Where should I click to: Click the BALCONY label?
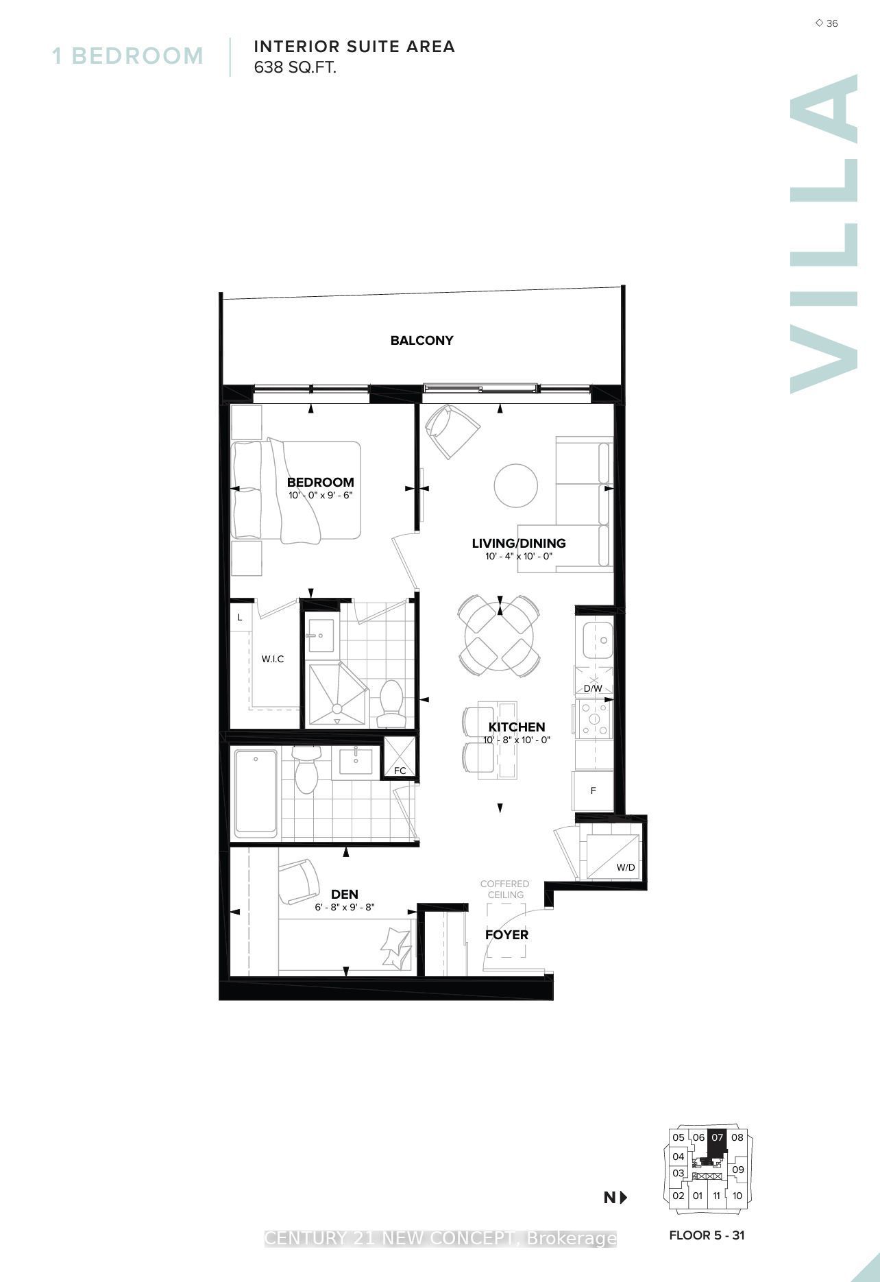click(421, 340)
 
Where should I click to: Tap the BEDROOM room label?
click(320, 482)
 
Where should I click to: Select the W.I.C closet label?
click(273, 659)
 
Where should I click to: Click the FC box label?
click(400, 771)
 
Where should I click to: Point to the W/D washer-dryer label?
click(626, 867)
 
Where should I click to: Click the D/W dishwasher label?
click(593, 688)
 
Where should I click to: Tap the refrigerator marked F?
click(593, 790)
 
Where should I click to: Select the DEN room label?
click(344, 894)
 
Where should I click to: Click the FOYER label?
click(506, 934)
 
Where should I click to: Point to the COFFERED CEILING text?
click(505, 889)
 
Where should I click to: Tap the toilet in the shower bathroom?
click(392, 703)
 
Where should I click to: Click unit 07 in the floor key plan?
click(717, 1137)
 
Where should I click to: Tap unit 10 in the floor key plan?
click(737, 1196)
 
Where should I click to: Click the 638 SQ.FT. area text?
click(295, 68)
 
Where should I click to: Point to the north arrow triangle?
click(623, 1198)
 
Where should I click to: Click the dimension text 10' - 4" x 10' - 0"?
click(518, 557)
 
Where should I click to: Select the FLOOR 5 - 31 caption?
click(707, 1235)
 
